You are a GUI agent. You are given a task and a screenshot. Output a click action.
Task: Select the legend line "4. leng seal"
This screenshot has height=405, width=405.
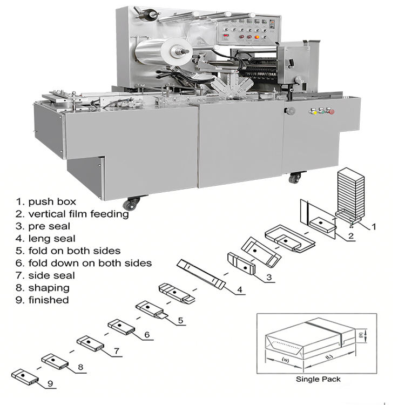pyautogui.click(x=45, y=238)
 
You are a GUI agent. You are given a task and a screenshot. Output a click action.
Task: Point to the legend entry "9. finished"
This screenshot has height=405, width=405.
pyautogui.click(x=42, y=300)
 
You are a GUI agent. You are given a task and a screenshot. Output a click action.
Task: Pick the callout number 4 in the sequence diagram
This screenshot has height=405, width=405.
pyautogui.click(x=240, y=291)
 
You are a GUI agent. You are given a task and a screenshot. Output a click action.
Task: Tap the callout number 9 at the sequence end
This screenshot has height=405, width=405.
pyautogui.click(x=50, y=384)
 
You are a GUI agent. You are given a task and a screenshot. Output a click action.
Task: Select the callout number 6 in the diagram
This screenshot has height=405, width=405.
pyautogui.click(x=146, y=335)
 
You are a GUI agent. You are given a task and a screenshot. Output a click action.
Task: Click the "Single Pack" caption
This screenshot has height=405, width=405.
pyautogui.click(x=318, y=379)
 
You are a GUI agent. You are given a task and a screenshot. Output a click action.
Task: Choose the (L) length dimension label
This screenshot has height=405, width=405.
pyautogui.click(x=329, y=357)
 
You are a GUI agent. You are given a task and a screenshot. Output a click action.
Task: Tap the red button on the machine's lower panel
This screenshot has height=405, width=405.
pyautogui.click(x=331, y=112)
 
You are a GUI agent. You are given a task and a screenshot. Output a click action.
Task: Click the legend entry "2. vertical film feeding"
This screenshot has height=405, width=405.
pyautogui.click(x=72, y=214)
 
